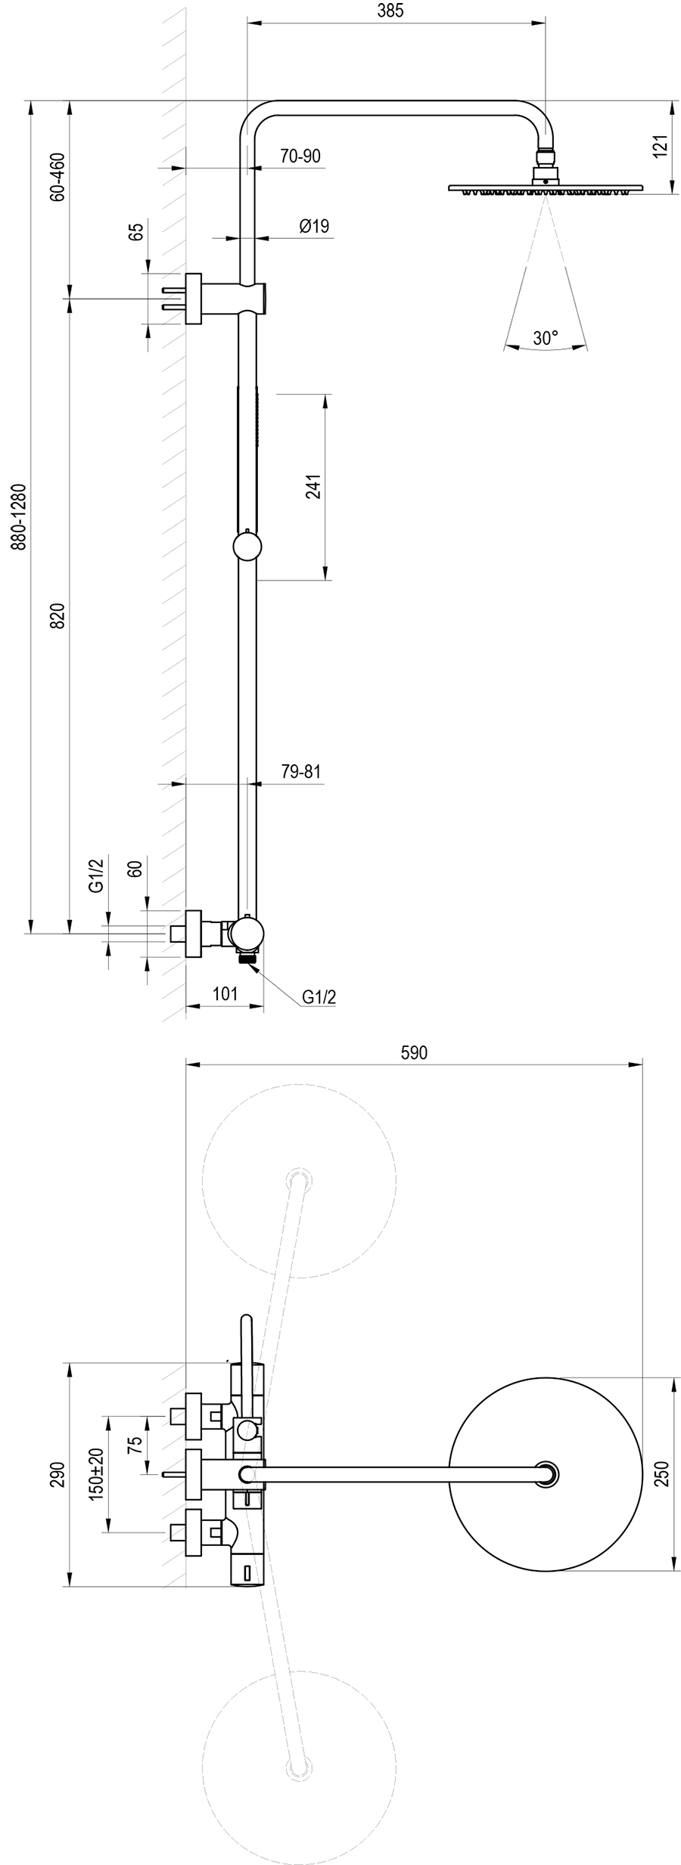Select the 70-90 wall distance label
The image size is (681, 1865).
(x=300, y=156)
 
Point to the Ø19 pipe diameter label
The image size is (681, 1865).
(x=313, y=225)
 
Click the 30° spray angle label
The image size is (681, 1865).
(x=545, y=338)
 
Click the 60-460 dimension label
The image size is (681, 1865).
(x=58, y=177)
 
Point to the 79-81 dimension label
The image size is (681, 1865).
(x=301, y=772)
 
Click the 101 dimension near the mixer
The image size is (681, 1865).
(x=225, y=993)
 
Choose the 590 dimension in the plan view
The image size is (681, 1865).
(x=414, y=1052)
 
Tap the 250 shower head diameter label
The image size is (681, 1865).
(x=663, y=1473)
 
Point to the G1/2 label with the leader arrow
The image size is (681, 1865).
(x=319, y=997)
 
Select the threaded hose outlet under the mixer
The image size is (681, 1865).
(x=247, y=959)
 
